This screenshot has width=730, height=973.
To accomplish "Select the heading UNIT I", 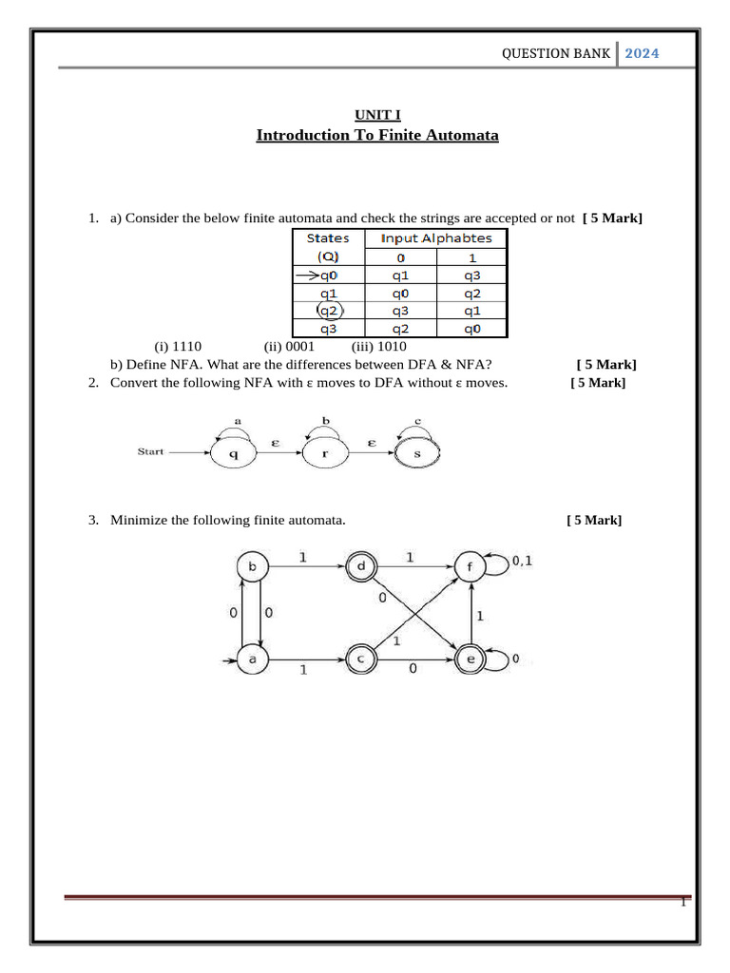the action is (x=377, y=115).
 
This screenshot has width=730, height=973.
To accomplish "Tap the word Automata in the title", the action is (x=459, y=135).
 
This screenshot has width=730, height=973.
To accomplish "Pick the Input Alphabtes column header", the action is (x=436, y=238).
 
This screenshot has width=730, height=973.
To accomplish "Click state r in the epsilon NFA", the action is (x=325, y=453).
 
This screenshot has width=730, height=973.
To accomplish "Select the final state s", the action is (x=418, y=453).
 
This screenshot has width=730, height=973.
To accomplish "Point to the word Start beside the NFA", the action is (x=151, y=451).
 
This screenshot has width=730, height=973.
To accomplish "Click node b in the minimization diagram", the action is (x=252, y=568).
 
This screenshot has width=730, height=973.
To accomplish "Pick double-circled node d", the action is (x=362, y=568).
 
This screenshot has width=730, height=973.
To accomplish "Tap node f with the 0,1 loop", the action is (x=471, y=568).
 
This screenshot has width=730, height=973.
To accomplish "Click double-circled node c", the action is (x=362, y=658).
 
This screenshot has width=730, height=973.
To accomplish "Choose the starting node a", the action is (x=252, y=658).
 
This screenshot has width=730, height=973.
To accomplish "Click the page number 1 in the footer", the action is (x=682, y=903).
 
